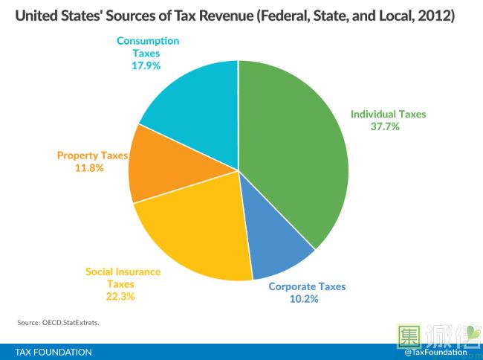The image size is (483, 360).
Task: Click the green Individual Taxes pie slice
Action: (297, 149)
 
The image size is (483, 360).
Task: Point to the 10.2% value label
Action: (303, 299)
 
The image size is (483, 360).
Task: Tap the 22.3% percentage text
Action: (123, 296)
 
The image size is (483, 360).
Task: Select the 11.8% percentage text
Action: (89, 168)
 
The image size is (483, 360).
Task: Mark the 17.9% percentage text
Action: (146, 65)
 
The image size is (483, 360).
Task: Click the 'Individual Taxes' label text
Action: (388, 115)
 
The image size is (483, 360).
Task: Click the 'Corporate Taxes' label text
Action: (307, 286)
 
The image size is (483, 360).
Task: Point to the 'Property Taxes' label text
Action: (93, 155)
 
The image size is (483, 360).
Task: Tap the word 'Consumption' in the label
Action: (147, 41)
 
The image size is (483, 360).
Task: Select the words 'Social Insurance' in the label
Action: (123, 271)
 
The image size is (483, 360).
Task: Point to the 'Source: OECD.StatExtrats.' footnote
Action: (57, 323)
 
